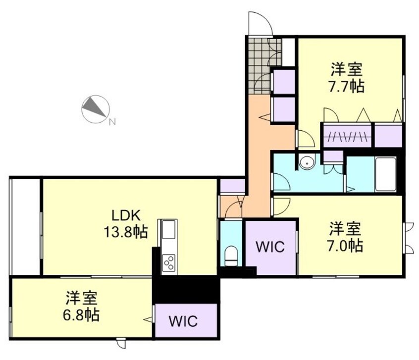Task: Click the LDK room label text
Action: [x=126, y=215]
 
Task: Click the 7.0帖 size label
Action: [x=345, y=245]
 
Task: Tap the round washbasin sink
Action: [x=308, y=161]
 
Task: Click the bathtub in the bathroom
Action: [x=385, y=174]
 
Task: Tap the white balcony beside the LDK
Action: [x=25, y=225]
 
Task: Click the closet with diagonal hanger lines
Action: [x=347, y=135]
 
